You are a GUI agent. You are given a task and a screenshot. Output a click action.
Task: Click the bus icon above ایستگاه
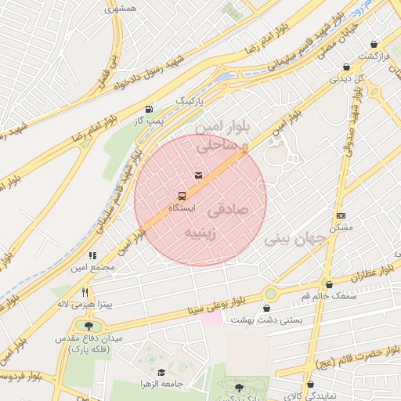(182, 195)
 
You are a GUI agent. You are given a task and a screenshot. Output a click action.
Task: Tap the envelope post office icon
(197, 175)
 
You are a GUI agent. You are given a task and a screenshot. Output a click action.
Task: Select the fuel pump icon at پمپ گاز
(149, 109)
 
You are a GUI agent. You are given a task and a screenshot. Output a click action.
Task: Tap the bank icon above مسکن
(341, 215)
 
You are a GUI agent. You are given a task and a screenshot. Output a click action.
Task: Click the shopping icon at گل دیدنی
(346, 67)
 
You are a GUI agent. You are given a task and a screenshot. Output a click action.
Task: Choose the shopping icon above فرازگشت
(373, 45)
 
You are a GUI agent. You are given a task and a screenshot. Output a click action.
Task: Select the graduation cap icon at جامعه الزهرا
(161, 373)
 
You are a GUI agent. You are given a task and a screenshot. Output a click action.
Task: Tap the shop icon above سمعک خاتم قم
(329, 285)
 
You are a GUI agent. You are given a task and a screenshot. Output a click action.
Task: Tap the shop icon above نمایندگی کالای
(311, 385)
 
